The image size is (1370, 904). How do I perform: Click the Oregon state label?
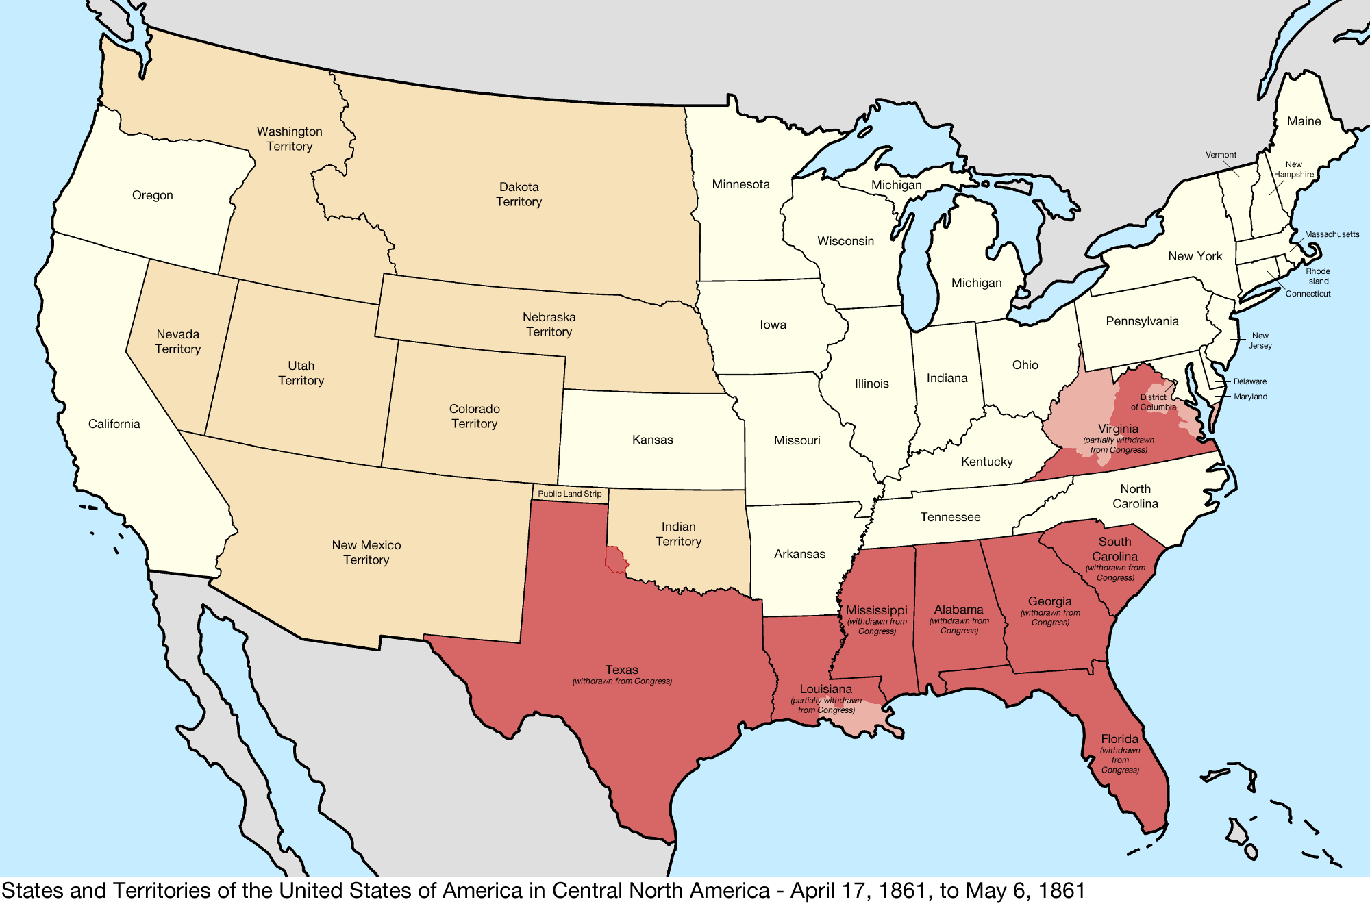coord(152,195)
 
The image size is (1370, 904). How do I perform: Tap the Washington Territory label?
coord(289,138)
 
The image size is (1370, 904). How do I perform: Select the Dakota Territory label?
coord(519,194)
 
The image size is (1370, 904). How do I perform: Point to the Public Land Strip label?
coord(569,494)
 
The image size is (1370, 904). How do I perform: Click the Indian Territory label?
coord(678,533)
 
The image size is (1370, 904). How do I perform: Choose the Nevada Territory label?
coord(177,341)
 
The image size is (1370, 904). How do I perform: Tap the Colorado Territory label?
coord(474,416)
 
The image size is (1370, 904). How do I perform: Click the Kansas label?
coord(652,440)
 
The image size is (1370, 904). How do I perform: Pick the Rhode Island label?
coord(1317,276)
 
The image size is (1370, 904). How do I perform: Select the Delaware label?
coord(1249,381)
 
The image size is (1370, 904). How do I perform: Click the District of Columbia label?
coord(1154,402)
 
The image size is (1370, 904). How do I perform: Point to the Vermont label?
coord(1221,155)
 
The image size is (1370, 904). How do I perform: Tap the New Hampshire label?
coord(1293,169)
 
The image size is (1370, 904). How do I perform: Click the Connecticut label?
coord(1308,294)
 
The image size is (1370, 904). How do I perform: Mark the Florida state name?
coord(1119,739)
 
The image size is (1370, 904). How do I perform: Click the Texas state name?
coord(621,670)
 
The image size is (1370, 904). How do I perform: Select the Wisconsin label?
coord(845,241)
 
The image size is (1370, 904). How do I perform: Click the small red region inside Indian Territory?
coord(616,560)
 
